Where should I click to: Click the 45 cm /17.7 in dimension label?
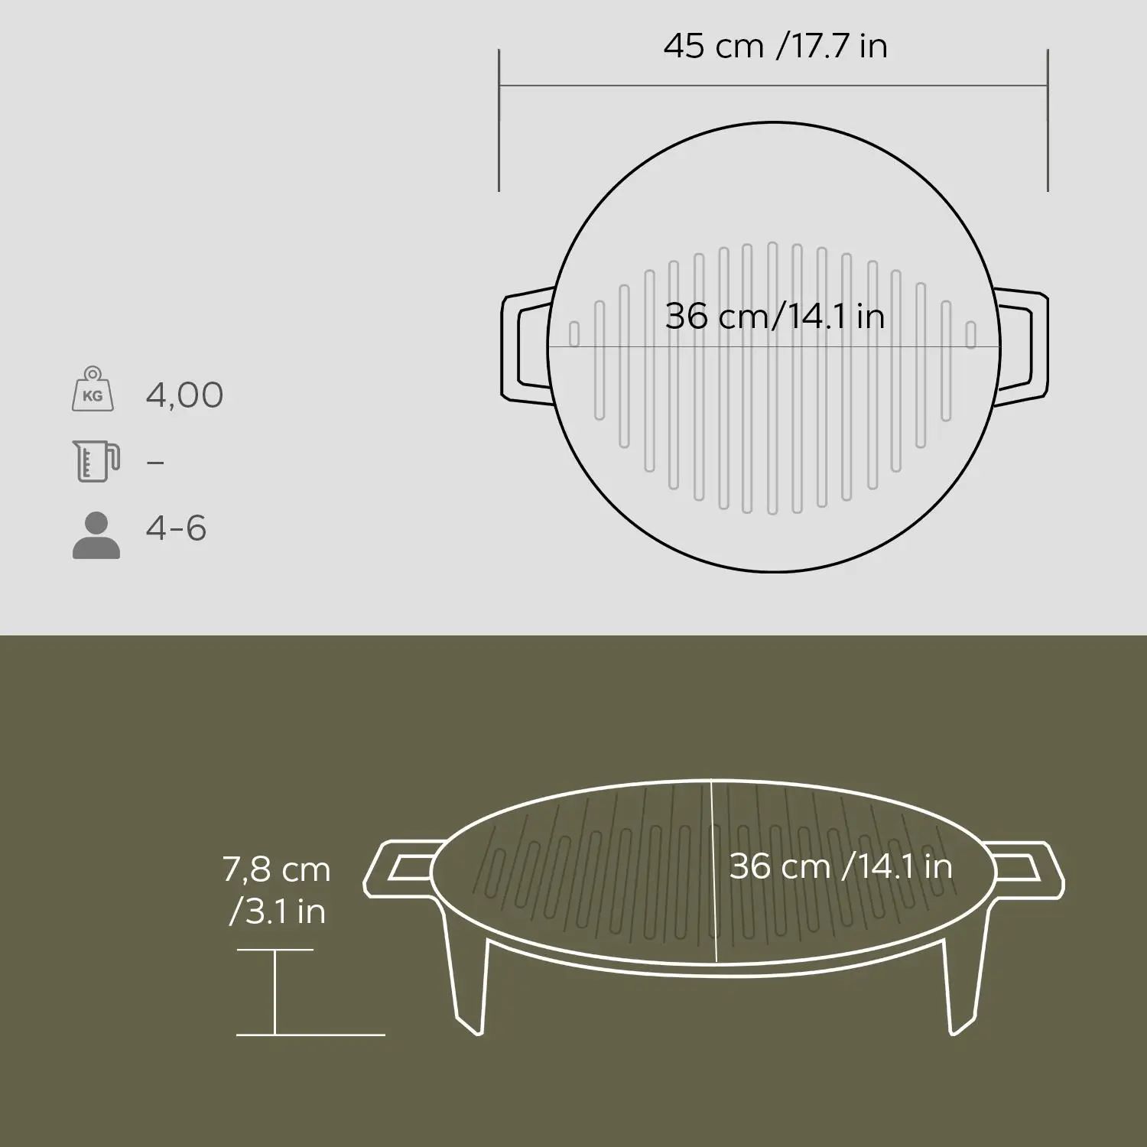775,46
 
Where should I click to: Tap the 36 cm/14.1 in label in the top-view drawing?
775,316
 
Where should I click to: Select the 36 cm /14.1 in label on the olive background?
840,866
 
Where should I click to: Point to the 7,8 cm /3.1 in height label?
277,890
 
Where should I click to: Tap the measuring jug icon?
96,460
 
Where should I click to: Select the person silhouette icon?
96,535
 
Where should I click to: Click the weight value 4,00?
184,395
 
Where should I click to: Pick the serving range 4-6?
176,528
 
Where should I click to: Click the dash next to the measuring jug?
155,463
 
